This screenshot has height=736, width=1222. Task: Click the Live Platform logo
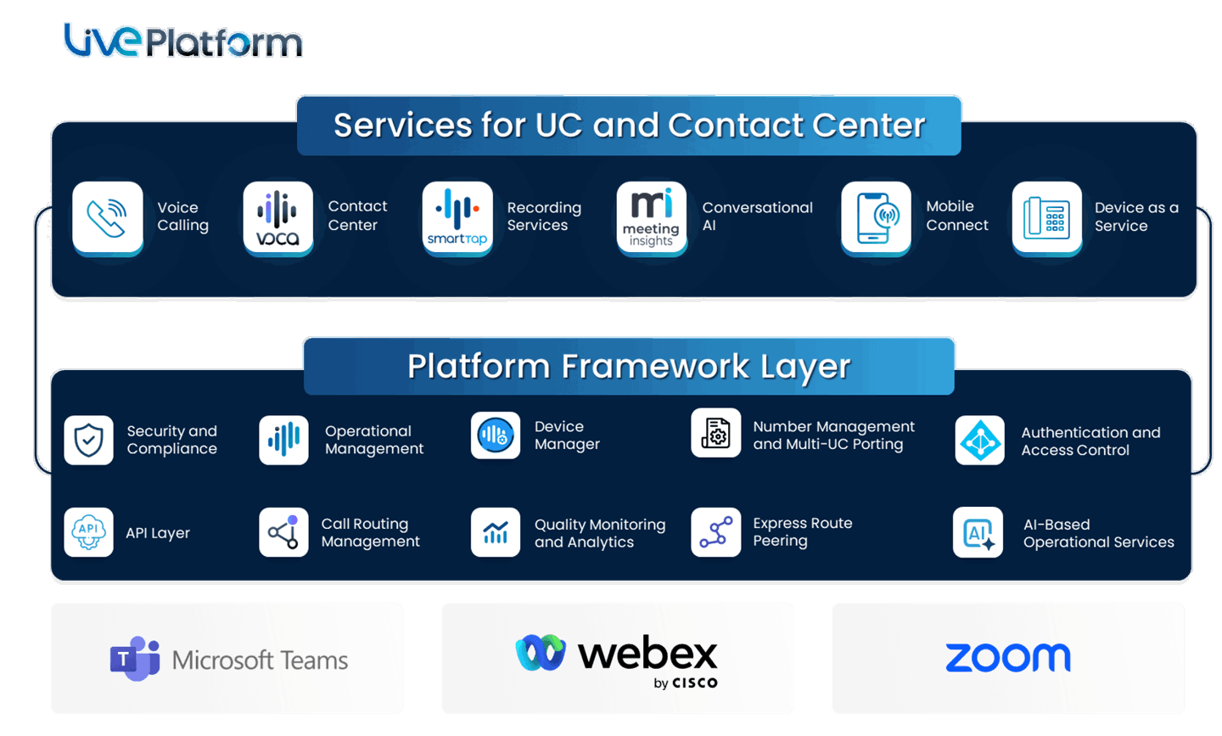pyautogui.click(x=182, y=41)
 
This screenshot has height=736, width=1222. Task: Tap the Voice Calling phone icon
pyautogui.click(x=108, y=217)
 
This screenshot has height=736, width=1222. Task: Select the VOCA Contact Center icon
pyautogui.click(x=277, y=217)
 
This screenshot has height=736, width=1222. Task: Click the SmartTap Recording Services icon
pyautogui.click(x=457, y=217)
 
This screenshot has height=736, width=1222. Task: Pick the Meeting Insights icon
pyautogui.click(x=651, y=217)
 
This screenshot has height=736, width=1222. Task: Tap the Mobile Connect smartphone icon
pyautogui.click(x=876, y=217)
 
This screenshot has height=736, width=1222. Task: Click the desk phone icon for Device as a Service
pyautogui.click(x=1046, y=217)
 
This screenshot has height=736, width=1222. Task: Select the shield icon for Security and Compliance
pyautogui.click(x=88, y=440)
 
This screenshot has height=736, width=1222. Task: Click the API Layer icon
pyautogui.click(x=88, y=532)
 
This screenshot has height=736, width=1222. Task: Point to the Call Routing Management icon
pyautogui.click(x=283, y=532)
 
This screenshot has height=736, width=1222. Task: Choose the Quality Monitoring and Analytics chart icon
pyautogui.click(x=496, y=532)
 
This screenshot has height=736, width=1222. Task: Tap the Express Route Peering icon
pyautogui.click(x=715, y=532)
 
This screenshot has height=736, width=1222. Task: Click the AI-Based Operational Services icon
pyautogui.click(x=978, y=532)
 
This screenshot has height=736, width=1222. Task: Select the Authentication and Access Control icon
pyautogui.click(x=979, y=440)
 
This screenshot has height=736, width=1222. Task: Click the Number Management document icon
pyautogui.click(x=715, y=433)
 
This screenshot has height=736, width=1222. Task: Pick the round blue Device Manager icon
pyautogui.click(x=496, y=435)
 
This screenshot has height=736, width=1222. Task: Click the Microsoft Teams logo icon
pyautogui.click(x=135, y=658)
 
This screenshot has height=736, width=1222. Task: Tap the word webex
pyautogui.click(x=647, y=654)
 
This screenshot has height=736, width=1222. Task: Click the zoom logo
pyautogui.click(x=1007, y=658)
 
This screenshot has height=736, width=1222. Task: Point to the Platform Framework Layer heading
pyautogui.click(x=629, y=367)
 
